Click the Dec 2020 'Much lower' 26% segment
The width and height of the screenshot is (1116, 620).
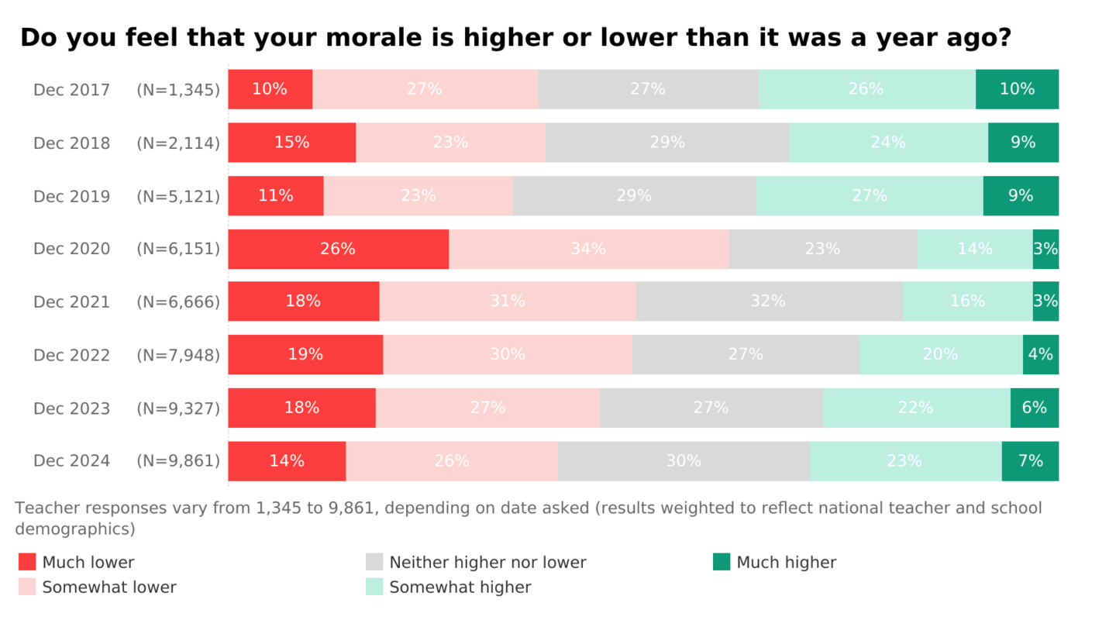[x=338, y=249]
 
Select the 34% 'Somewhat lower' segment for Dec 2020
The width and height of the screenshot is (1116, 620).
[x=588, y=249]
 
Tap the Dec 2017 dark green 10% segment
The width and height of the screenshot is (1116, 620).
[x=1017, y=89]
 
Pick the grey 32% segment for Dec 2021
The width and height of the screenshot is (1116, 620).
[x=769, y=301]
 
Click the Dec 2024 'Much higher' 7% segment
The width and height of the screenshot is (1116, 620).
[x=1030, y=461]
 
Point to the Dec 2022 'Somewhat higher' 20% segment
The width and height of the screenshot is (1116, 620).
[x=940, y=355]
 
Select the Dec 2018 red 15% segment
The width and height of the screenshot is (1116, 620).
[x=291, y=143]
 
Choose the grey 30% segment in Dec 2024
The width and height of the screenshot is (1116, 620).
[x=683, y=461]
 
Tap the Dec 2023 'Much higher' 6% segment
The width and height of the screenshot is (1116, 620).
[x=1034, y=408]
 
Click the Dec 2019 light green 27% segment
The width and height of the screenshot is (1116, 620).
[x=869, y=196]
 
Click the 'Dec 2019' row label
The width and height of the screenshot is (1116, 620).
[x=71, y=197]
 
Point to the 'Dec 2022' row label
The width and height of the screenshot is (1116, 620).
[x=71, y=356]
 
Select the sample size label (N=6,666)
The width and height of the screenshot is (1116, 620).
[x=178, y=302]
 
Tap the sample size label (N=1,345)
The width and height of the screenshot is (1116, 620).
[x=178, y=90]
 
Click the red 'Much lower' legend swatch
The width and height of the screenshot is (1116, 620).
[x=27, y=562]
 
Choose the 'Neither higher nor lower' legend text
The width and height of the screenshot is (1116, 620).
[x=487, y=563]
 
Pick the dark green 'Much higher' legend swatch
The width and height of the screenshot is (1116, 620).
[x=722, y=562]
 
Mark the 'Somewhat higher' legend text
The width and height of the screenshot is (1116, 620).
[x=460, y=587]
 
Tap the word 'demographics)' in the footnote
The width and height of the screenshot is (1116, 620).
[x=75, y=529]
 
